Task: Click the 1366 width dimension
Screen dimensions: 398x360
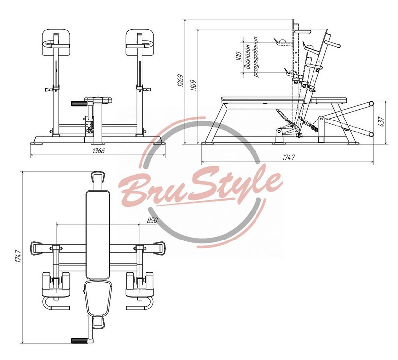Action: pos(98,151)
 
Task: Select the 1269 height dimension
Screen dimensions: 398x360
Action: pos(181,81)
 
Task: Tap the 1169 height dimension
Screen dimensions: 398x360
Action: pos(194,86)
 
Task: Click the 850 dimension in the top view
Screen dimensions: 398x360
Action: pos(152,220)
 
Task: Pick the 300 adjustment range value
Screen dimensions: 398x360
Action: pos(239,56)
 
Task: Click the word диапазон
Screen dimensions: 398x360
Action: pos(247,56)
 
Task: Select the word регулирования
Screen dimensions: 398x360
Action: pos(256,57)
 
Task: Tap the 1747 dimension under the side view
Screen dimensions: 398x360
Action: pos(289,157)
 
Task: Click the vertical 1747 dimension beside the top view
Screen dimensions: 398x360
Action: pos(18,256)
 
